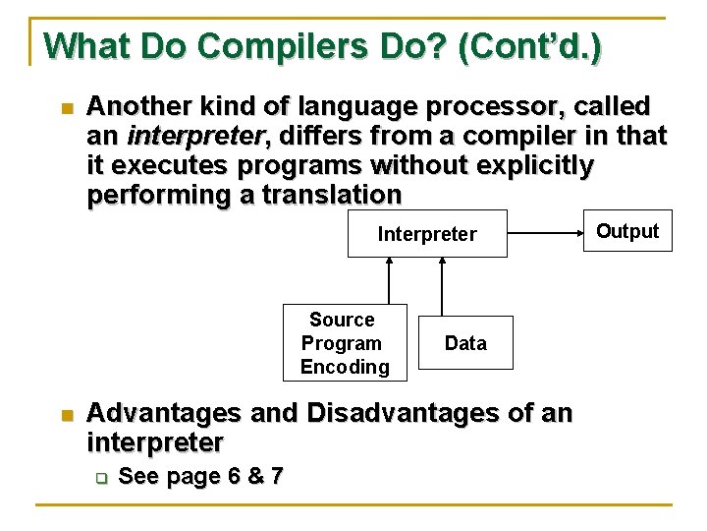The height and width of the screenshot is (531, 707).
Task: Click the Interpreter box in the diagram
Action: (x=427, y=234)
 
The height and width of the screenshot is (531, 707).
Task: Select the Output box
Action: (x=627, y=231)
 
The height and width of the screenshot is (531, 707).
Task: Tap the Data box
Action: (x=465, y=343)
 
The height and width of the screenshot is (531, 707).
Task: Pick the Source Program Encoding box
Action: (x=344, y=343)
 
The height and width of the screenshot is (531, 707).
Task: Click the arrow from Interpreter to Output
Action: (x=550, y=234)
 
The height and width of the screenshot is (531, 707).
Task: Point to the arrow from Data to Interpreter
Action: (x=441, y=286)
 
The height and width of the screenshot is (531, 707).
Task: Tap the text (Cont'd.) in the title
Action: (x=530, y=46)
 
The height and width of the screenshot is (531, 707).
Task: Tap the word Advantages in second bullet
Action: (x=164, y=413)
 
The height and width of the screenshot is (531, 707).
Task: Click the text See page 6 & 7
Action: (x=200, y=477)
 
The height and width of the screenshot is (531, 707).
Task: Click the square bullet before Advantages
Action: (x=66, y=415)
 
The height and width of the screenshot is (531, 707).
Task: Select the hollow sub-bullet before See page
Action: (x=99, y=478)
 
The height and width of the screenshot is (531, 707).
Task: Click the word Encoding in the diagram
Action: (x=345, y=367)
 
